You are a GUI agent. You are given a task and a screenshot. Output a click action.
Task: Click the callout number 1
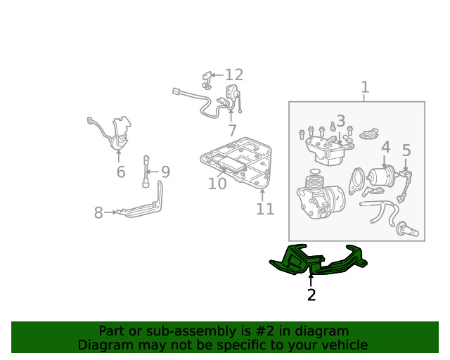tap(364, 88)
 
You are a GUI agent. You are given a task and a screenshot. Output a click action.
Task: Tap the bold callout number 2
tap(311, 295)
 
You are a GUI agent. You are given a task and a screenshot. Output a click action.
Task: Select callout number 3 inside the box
tap(340, 121)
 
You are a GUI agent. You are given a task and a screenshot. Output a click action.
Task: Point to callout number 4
tap(385, 148)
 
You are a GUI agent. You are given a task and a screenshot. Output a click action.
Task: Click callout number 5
tap(406, 150)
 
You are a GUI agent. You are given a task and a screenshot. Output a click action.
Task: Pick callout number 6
tap(120, 172)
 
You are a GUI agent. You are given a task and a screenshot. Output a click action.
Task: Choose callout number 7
tap(232, 131)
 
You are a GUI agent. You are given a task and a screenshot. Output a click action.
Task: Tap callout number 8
tap(98, 213)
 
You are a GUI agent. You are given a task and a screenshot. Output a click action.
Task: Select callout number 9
tap(165, 171)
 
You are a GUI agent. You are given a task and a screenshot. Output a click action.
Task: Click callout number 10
tap(217, 184)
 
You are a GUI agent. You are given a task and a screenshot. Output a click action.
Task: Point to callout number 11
tap(264, 209)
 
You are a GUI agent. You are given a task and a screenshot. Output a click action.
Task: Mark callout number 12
tap(233, 75)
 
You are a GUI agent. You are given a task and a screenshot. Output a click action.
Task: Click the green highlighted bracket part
tap(320, 262)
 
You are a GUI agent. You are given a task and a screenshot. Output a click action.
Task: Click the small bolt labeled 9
tap(146, 171)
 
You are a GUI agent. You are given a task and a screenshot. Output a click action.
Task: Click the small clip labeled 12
tap(207, 77)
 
